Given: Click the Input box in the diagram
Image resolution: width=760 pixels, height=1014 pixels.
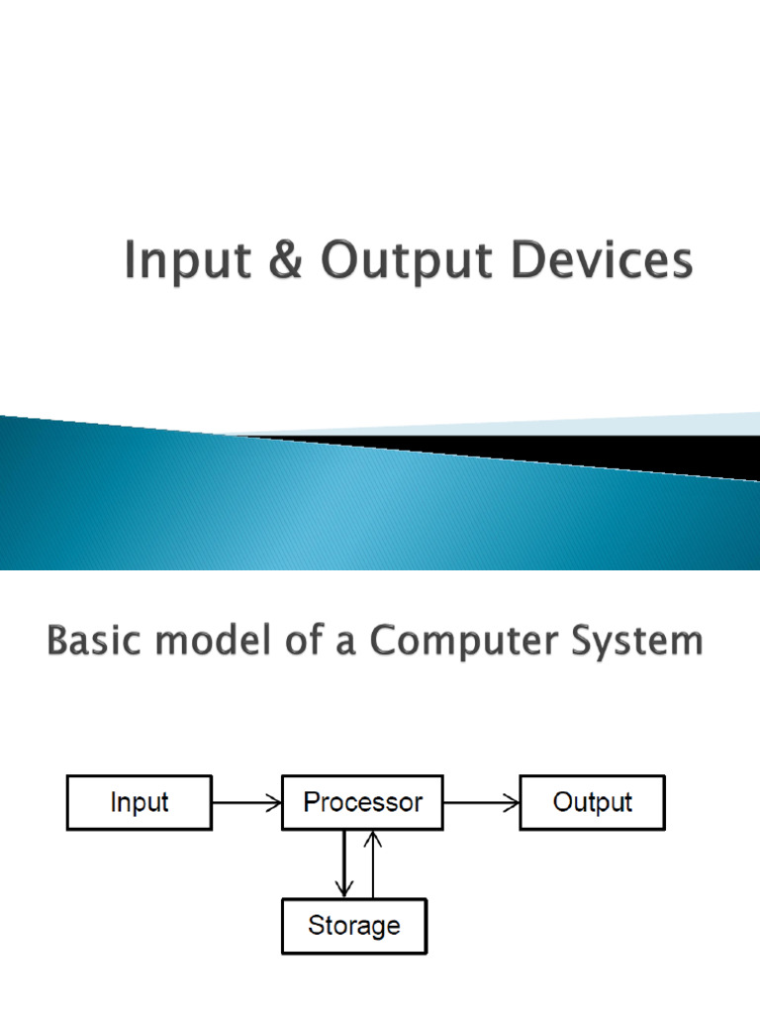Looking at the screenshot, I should [140, 802].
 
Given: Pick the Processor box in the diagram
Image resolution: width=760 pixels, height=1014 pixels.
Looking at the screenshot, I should [363, 802].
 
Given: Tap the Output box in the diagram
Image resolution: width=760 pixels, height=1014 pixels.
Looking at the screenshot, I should [593, 802].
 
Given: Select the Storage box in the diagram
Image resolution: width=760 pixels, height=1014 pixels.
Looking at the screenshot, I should [354, 926].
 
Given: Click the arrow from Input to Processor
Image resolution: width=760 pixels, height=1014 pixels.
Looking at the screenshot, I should [247, 803].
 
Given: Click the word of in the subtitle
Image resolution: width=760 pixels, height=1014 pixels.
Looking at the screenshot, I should [302, 642].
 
